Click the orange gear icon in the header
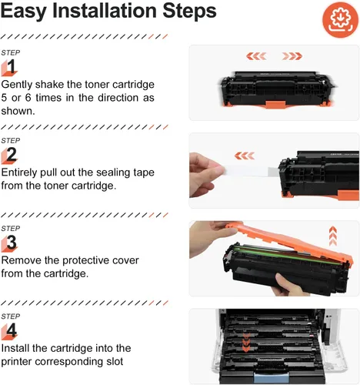(x=340, y=19)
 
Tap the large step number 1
(x=11, y=66)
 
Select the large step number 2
(x=12, y=155)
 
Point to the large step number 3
(x=12, y=243)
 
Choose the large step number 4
(x=12, y=330)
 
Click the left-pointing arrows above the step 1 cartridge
(x=256, y=56)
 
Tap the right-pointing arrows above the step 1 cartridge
(x=292, y=56)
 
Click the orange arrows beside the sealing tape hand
(x=245, y=156)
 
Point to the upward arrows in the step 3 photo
(x=333, y=236)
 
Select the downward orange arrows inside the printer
(x=246, y=343)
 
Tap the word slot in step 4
(x=115, y=361)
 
